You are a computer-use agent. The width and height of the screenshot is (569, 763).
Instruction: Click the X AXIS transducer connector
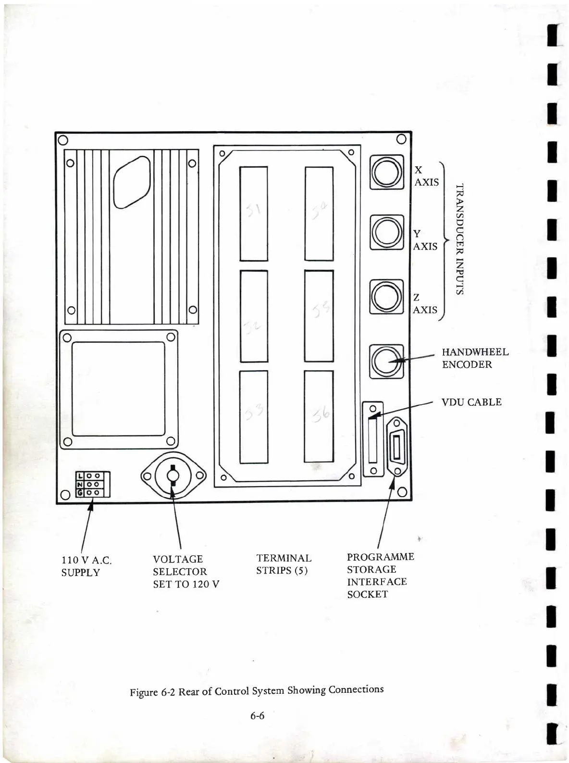(x=386, y=172)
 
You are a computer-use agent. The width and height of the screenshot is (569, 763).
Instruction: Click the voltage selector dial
(x=173, y=476)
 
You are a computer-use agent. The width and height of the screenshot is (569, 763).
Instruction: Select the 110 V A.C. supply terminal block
(x=93, y=484)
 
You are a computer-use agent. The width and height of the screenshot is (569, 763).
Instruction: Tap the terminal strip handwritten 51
(x=254, y=213)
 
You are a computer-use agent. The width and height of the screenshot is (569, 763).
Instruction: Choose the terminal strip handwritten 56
(x=319, y=416)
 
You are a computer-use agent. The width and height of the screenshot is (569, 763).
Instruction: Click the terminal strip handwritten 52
(x=254, y=316)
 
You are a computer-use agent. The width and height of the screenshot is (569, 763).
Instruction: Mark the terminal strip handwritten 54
(x=319, y=213)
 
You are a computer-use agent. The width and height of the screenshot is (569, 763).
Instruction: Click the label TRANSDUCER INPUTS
(x=460, y=238)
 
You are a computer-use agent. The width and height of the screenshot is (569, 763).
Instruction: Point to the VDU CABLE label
(x=471, y=402)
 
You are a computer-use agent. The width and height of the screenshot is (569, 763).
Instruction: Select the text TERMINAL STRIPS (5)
(x=284, y=564)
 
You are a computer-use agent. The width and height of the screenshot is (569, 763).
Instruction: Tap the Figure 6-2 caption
(x=257, y=690)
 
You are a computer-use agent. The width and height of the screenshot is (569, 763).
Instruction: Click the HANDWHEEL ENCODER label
(x=475, y=358)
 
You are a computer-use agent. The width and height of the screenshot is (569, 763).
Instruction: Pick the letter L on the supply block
(x=80, y=476)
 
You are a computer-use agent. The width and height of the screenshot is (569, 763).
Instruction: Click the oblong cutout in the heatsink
(x=132, y=182)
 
